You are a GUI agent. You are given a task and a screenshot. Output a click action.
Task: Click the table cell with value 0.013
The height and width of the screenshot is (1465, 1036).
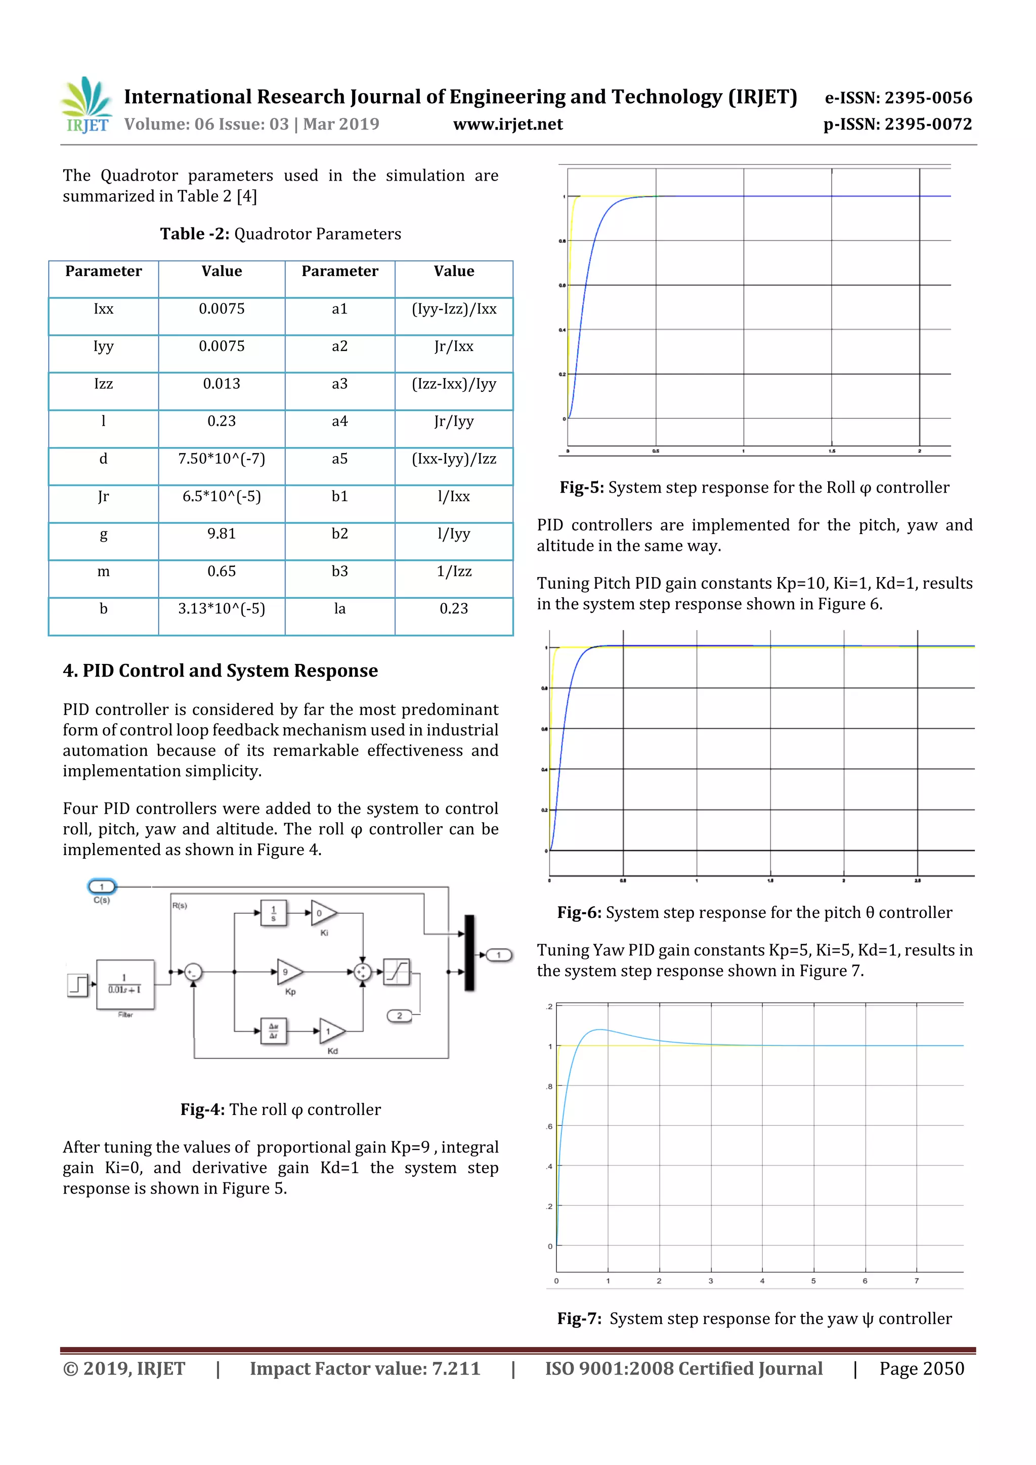(222, 383)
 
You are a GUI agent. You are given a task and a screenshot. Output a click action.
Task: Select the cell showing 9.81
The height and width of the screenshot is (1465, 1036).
(222, 534)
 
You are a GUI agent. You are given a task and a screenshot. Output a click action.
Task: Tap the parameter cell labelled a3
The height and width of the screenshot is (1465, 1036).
(339, 383)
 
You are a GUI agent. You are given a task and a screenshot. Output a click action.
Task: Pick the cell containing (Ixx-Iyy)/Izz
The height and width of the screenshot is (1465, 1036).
(454, 459)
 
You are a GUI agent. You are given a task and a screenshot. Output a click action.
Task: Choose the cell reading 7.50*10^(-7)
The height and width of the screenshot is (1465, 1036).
(222, 459)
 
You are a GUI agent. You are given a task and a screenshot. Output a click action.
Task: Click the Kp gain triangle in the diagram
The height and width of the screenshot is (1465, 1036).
(288, 972)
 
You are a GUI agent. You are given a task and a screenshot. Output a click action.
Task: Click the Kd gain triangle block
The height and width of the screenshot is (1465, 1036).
(331, 1031)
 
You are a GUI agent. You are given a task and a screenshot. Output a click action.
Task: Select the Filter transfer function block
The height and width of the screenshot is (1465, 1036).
(125, 985)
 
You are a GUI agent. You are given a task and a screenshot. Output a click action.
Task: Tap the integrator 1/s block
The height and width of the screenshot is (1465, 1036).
(274, 913)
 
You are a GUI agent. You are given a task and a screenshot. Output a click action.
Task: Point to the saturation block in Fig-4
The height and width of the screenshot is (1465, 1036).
(397, 972)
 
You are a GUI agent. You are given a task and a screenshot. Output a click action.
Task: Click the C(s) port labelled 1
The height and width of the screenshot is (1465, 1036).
(102, 886)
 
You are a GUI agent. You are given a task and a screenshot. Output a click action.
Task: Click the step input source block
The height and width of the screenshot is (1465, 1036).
(77, 985)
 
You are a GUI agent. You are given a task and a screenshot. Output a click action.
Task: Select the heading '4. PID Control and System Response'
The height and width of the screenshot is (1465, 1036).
(220, 671)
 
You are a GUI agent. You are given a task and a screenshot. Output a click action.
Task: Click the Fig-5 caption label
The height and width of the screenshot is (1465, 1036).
(581, 487)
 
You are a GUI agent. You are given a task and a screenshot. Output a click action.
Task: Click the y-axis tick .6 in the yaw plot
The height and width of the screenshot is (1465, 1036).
(549, 1126)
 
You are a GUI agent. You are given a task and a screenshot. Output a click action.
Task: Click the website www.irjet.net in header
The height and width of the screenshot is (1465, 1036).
(507, 124)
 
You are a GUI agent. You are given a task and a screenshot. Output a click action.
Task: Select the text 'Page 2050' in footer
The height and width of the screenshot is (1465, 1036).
(921, 1368)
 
